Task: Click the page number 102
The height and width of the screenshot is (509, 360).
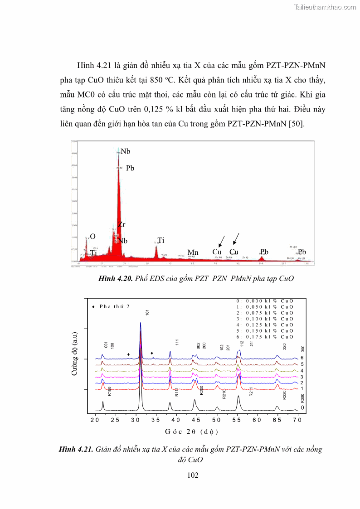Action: (193, 475)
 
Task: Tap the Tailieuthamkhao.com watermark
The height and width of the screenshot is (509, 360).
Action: (325, 7)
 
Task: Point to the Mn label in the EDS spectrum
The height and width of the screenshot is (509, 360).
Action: (193, 252)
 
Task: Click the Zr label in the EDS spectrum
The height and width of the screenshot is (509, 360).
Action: (122, 224)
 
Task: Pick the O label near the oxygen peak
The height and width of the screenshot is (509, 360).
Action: (92, 237)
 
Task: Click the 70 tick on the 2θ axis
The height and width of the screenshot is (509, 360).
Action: (297, 420)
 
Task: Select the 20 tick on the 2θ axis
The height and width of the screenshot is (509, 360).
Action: (95, 420)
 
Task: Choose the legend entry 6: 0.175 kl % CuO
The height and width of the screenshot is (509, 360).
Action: (265, 337)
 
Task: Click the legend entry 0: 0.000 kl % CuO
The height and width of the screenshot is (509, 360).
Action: (265, 301)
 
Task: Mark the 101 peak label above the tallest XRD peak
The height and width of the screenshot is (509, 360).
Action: (147, 313)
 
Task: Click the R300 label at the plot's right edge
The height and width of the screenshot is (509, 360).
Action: (302, 398)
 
